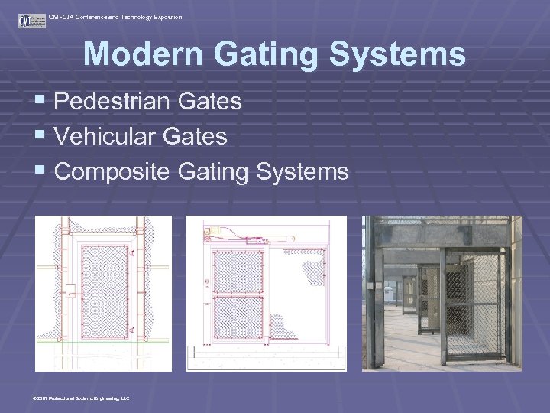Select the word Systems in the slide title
click(x=404, y=55)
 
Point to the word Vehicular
click(x=103, y=136)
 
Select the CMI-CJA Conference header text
click(x=115, y=16)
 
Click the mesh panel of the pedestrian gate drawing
click(x=106, y=288)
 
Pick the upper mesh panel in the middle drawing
click(x=238, y=271)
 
